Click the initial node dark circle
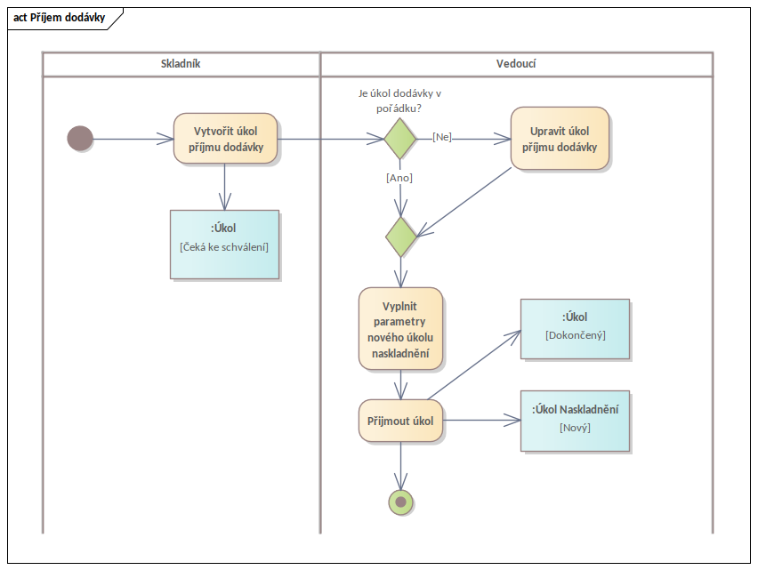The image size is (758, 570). pos(80,139)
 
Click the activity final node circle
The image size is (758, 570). pos(400,502)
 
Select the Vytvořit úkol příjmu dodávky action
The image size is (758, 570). pos(226,139)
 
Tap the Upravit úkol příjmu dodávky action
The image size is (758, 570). pos(560,139)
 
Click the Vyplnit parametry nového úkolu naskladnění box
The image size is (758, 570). pos(400,328)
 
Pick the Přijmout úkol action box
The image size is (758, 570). pos(400,421)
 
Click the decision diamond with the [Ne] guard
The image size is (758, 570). pos(400,139)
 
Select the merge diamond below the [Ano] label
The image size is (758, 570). pos(400,237)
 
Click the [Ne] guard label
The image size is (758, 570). pos(442,137)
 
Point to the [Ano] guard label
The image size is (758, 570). pos(399,177)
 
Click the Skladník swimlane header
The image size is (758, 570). pos(181,64)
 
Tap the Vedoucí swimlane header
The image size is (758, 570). pos(515,64)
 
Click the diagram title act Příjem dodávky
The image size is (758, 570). pos(60,18)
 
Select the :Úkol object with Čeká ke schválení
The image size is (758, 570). pos(224,245)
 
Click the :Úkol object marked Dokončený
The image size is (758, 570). pos(575,328)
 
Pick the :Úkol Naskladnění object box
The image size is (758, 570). pos(575,421)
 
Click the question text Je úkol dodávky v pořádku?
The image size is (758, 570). pos(400,100)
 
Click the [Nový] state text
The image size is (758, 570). pos(575,428)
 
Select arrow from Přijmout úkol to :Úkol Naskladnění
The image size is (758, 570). pos(480,419)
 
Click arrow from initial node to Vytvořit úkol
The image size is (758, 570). pos(133,139)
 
